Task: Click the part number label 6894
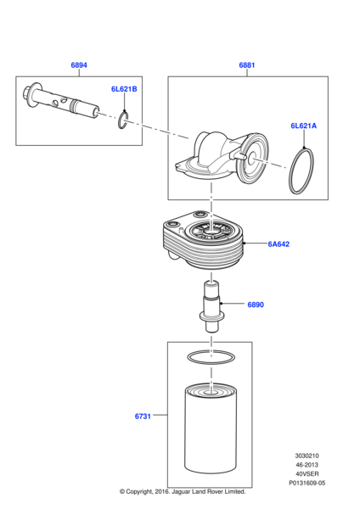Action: point(79,65)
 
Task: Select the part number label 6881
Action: point(247,65)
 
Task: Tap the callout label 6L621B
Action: point(124,89)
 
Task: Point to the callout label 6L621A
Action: point(303,126)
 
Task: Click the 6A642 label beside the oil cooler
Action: point(278,244)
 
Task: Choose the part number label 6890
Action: point(256,305)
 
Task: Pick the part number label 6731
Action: point(143,417)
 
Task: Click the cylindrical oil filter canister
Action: point(211,428)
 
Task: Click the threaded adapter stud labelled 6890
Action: point(211,307)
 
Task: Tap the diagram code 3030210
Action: point(307,456)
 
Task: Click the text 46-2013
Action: point(307,465)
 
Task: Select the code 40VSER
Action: point(307,474)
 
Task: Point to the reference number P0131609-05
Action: point(307,483)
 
